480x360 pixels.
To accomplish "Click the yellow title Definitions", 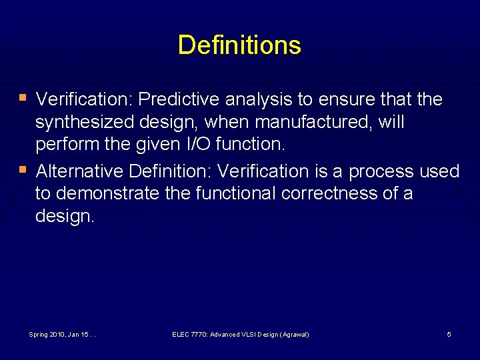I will (x=239, y=45).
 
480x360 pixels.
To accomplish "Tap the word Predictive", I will (x=180, y=99).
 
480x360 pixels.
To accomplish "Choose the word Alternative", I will (x=80, y=171).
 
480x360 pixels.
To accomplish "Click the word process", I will (x=381, y=171).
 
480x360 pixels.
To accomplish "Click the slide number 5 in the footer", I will (x=449, y=334).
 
